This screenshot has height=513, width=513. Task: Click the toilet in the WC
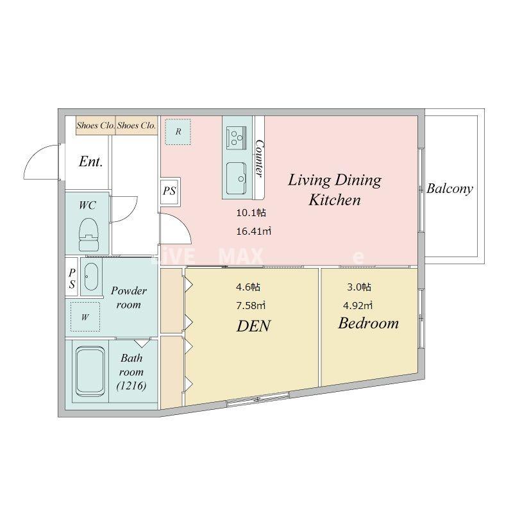point(88,235)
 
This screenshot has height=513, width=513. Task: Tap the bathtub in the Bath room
point(90,371)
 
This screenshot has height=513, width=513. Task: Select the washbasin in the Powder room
point(91,276)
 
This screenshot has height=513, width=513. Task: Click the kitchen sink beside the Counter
point(237,178)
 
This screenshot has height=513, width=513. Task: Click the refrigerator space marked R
point(178,132)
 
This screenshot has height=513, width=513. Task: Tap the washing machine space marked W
point(85,317)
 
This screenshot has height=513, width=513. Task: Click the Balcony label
point(450,189)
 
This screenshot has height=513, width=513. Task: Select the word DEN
point(253,326)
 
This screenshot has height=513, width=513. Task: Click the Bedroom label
point(368,323)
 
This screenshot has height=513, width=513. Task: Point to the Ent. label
point(90,162)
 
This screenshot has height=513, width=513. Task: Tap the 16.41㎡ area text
point(254,231)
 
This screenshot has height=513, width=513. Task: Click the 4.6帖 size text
point(248,287)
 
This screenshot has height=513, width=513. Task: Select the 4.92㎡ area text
point(358,306)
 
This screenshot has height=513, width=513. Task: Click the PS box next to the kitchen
point(170,191)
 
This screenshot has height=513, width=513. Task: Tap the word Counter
point(260,158)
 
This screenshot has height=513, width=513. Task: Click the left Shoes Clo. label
point(96,125)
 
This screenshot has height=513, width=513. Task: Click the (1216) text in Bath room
point(131,386)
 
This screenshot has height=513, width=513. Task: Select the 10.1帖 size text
point(251,213)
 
